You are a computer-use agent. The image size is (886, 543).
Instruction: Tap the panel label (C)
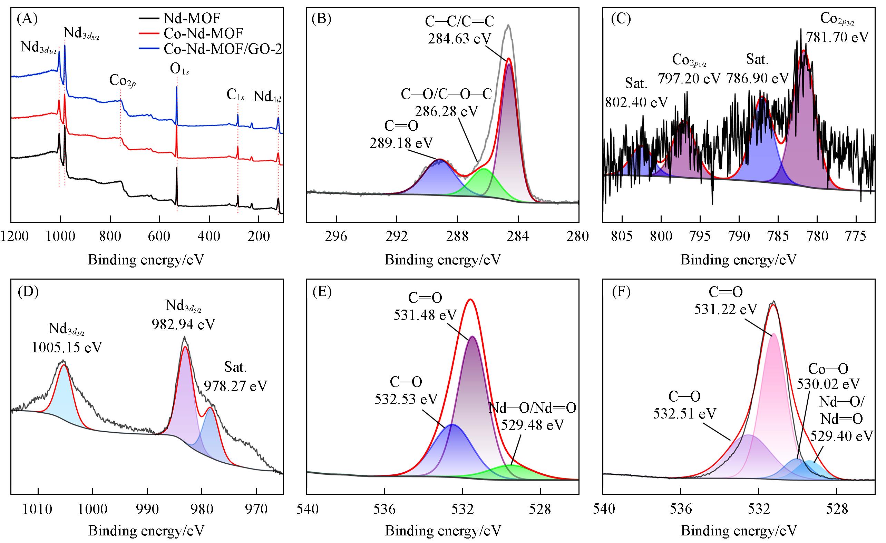pos(621,19)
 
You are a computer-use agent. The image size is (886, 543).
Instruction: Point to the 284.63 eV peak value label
pos(459,38)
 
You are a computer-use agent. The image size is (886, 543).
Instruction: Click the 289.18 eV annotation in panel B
pos(401,142)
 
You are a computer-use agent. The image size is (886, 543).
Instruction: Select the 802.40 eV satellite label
pos(636,102)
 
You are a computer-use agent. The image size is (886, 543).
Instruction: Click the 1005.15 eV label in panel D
pos(67,347)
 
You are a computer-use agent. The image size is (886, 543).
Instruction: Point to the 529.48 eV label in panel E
pos(533,425)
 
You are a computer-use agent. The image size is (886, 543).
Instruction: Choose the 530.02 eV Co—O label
pos(828,384)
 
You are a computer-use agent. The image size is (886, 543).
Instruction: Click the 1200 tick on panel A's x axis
pos(14,236)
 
